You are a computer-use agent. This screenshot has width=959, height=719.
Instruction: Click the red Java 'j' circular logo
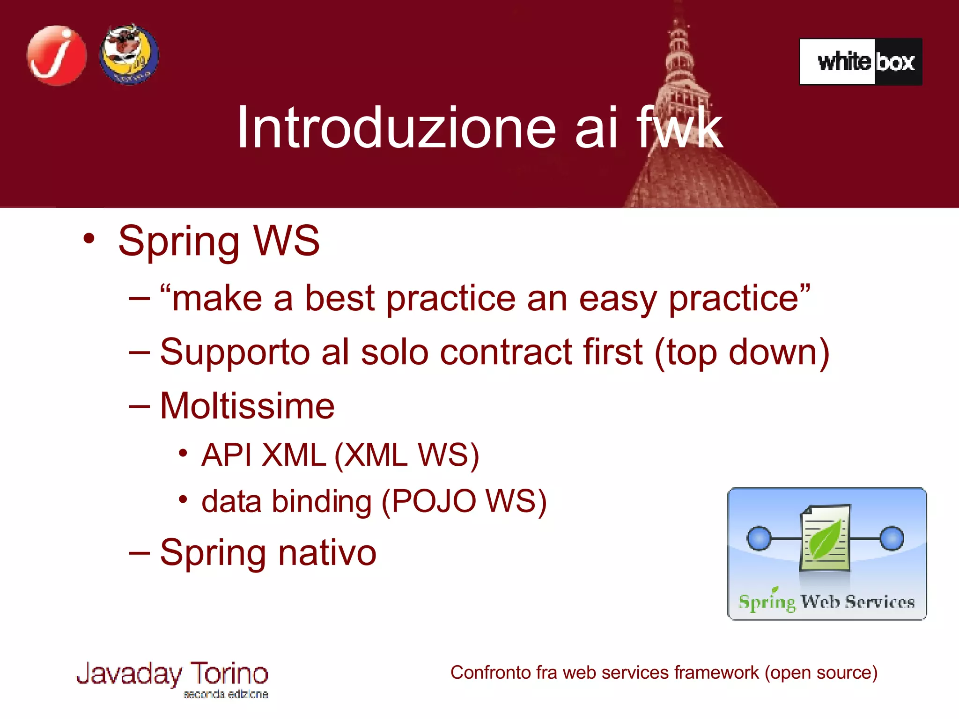(57, 55)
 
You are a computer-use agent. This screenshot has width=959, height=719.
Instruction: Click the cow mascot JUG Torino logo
(129, 55)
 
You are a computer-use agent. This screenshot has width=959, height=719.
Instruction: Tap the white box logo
(861, 62)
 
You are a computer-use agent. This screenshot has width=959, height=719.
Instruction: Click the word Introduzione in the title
(396, 127)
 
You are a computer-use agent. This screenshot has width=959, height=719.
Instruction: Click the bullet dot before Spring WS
(89, 239)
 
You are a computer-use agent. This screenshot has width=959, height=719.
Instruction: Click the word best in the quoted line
(340, 299)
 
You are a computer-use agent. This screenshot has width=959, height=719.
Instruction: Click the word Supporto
(235, 352)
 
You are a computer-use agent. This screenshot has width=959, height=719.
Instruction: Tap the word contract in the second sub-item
(506, 352)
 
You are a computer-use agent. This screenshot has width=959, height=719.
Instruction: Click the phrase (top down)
(742, 352)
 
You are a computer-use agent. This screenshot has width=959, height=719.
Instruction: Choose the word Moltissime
(247, 406)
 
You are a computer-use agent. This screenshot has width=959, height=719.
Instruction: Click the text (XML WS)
(406, 455)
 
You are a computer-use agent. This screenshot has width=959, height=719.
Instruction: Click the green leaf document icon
(825, 538)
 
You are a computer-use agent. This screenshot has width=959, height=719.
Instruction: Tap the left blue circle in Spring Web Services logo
(759, 538)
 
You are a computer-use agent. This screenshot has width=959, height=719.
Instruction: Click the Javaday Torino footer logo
(172, 678)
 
